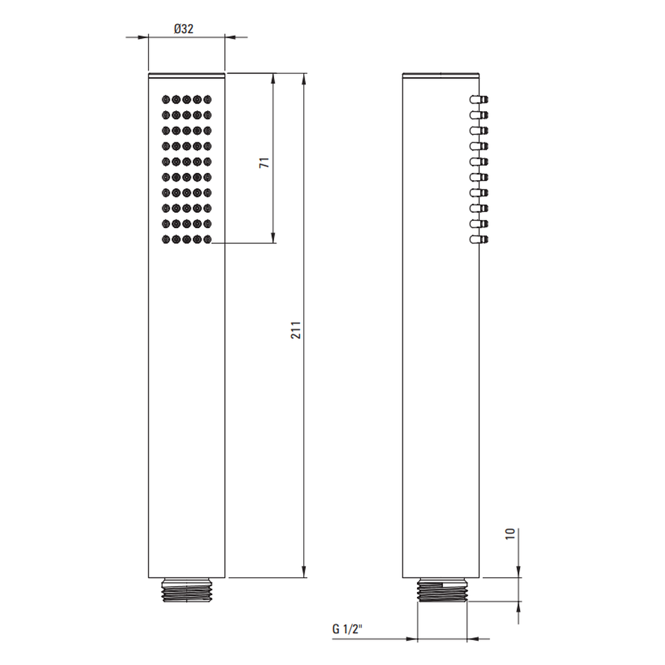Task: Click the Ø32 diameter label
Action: pos(184,29)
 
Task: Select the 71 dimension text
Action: pos(264,162)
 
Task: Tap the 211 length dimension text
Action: pos(296,330)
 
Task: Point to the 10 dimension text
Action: pos(510,533)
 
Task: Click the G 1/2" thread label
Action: pos(347,628)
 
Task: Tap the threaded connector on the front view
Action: pos(187,590)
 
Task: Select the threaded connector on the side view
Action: pos(442,590)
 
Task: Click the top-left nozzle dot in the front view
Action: pos(166,100)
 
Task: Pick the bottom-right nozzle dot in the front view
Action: pos(207,239)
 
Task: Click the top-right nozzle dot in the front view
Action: pos(207,100)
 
